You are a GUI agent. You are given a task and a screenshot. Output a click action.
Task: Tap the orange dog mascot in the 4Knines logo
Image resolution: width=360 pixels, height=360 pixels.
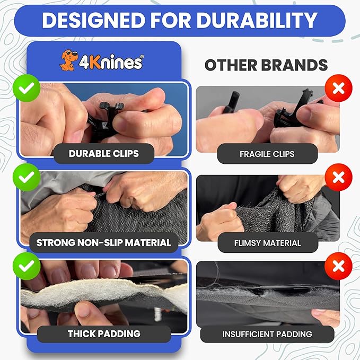coord(67,61)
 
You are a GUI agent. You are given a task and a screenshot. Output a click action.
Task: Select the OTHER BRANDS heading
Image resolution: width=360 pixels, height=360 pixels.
coord(266,65)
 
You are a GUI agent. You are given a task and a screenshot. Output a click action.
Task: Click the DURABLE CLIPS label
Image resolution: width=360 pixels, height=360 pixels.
coord(103,154)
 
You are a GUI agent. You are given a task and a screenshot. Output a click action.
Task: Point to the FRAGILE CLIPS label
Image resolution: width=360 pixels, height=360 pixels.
coord(267,154)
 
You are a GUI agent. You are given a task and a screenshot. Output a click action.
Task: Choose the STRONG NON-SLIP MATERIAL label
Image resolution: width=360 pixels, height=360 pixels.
coord(103,243)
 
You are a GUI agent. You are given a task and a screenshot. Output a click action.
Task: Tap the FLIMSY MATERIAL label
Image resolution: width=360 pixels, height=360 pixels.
coord(267,243)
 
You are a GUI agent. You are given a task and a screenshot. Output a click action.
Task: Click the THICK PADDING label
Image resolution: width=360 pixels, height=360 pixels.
coord(103,333)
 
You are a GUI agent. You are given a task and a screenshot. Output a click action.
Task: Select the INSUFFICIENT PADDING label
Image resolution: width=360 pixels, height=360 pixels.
coord(267,334)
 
